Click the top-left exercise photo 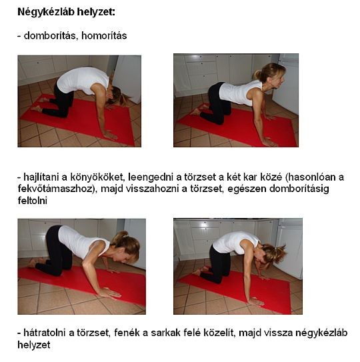[79, 101]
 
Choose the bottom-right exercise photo [237, 265]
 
